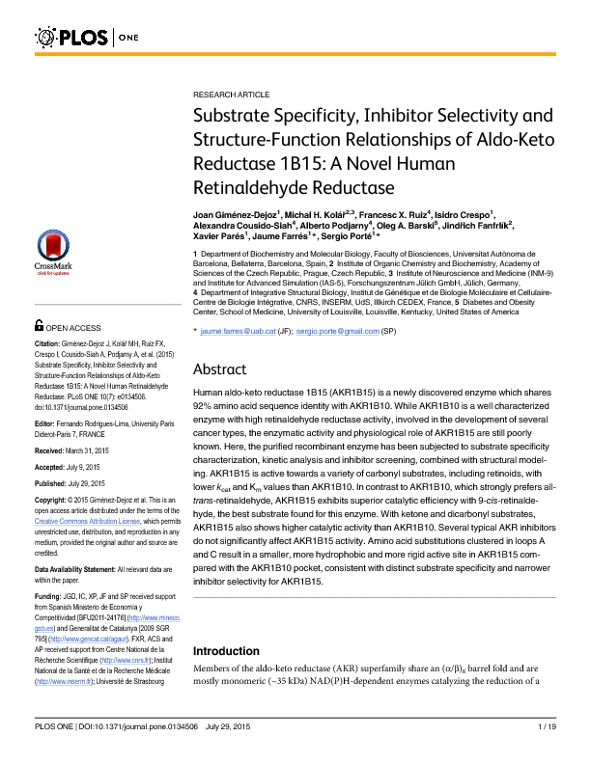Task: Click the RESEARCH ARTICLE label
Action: (232, 96)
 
